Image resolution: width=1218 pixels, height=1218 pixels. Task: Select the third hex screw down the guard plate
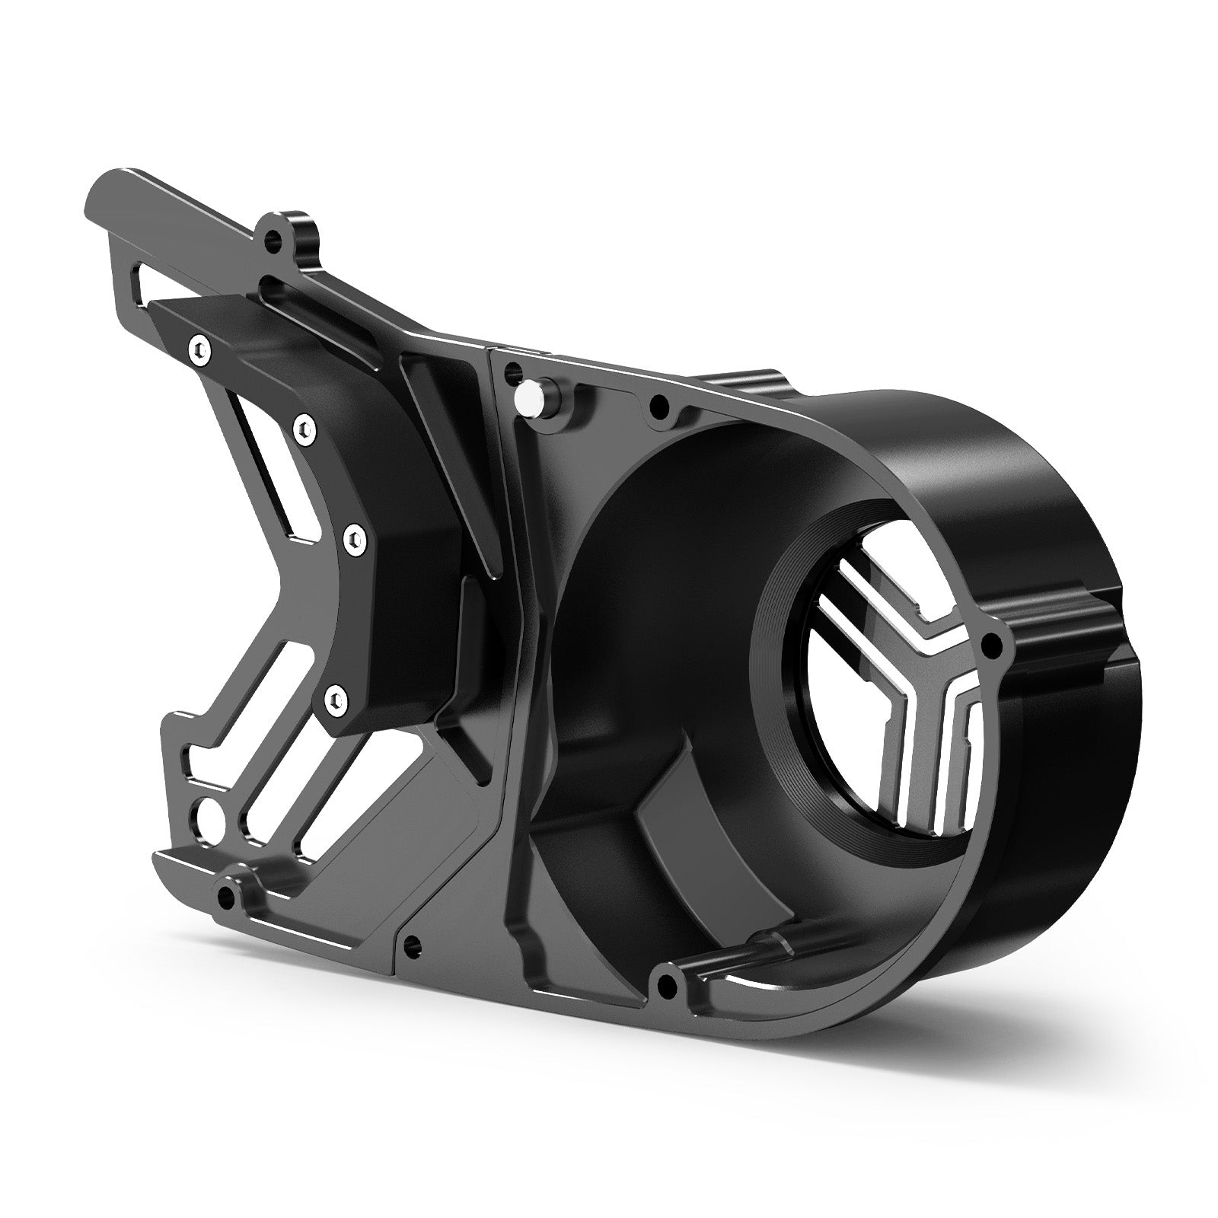[352, 539]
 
